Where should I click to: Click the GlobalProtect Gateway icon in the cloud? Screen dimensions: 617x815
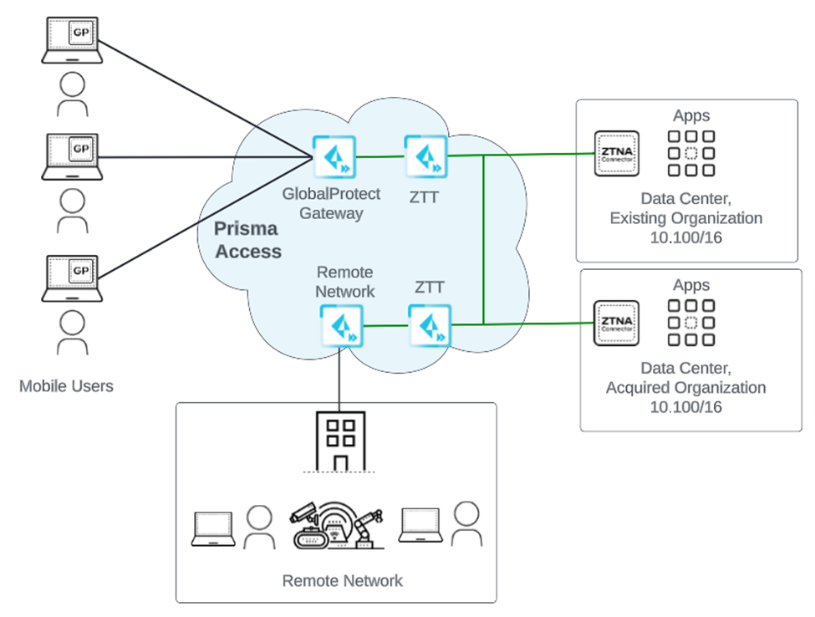[334, 157]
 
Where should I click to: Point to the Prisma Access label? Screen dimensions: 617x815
[247, 239]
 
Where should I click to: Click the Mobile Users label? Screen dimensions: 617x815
[66, 386]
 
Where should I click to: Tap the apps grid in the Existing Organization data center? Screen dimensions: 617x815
[690, 153]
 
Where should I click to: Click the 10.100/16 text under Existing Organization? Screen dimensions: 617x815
[685, 237]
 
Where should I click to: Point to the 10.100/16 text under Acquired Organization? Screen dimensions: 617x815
[685, 407]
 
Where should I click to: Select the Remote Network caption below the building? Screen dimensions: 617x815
[342, 580]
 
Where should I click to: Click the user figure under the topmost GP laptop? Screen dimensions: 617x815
[73, 93]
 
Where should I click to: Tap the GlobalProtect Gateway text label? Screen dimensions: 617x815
[331, 203]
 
